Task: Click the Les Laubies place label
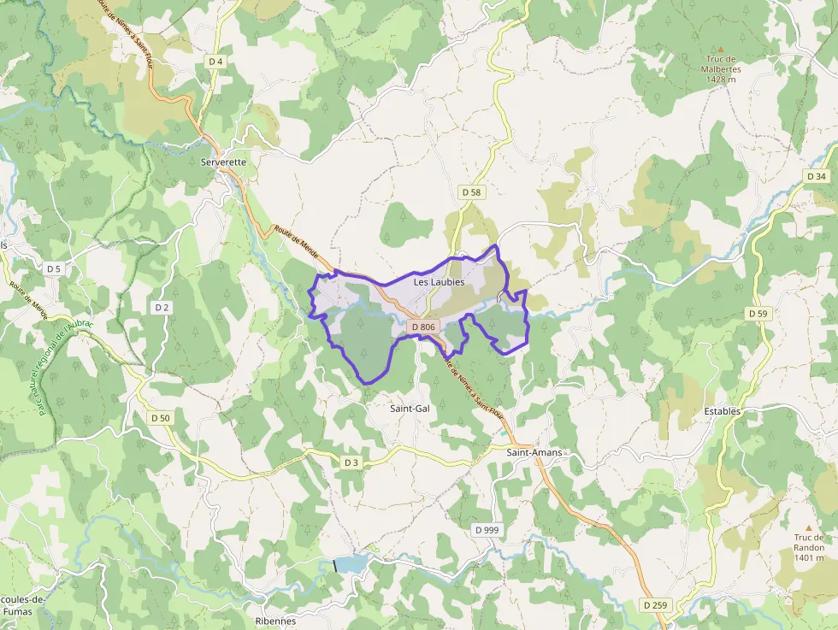tap(439, 281)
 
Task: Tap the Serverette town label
tap(222, 162)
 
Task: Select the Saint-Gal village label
tap(410, 409)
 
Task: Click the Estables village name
tap(723, 411)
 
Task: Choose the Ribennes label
tap(275, 621)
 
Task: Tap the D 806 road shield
tap(423, 327)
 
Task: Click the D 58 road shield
tap(472, 192)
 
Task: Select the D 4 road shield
tap(215, 62)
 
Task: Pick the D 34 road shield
tap(817, 176)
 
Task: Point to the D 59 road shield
tap(758, 314)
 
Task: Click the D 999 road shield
tap(487, 530)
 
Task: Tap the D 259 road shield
tap(654, 605)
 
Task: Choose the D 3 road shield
tap(351, 462)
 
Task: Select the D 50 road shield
tap(160, 418)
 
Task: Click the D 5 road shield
tap(54, 268)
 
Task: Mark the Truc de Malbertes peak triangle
tap(720, 50)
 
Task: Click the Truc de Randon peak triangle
tap(809, 527)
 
